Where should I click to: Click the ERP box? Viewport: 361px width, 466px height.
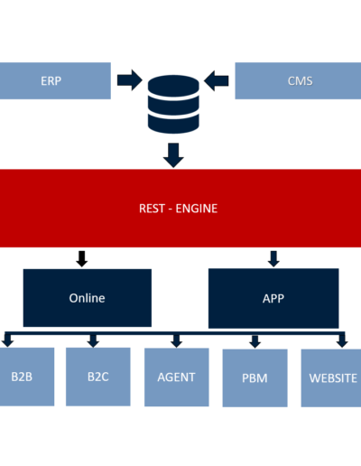click(55, 80)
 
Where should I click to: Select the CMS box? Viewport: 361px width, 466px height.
click(298, 80)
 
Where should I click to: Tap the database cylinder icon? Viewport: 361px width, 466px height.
click(173, 104)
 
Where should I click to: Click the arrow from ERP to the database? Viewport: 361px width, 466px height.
click(130, 80)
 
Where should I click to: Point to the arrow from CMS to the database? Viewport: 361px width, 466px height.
click(217, 80)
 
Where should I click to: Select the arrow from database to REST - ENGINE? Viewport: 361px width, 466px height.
click(173, 155)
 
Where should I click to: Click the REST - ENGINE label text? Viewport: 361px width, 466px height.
click(178, 209)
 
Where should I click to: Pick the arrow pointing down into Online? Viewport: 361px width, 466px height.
click(82, 258)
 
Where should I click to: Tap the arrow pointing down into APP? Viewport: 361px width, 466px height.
click(273, 258)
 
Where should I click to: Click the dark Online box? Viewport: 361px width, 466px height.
click(88, 298)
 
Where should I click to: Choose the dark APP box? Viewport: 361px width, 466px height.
click(273, 298)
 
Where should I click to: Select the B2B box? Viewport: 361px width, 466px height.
click(27, 377)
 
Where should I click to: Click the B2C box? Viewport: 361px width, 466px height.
click(98, 377)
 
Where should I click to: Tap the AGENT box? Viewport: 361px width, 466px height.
click(177, 377)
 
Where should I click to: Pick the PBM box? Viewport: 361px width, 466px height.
click(255, 377)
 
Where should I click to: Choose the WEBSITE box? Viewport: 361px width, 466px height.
click(331, 377)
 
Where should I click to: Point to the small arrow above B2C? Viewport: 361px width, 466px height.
click(93, 341)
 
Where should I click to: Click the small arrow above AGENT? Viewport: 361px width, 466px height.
click(176, 341)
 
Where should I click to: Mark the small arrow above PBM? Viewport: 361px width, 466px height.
click(255, 341)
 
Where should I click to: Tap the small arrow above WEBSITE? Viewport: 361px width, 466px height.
click(342, 341)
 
